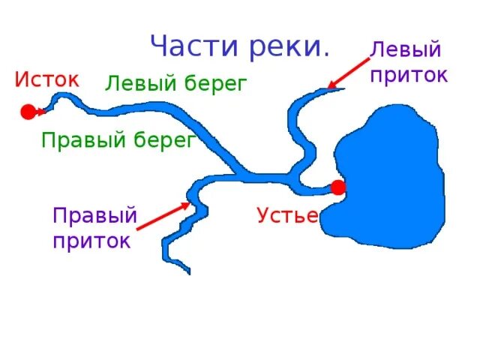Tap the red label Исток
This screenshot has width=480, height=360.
46,79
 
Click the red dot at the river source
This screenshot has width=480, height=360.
28,112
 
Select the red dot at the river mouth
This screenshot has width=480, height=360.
338,187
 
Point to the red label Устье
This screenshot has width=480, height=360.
287,216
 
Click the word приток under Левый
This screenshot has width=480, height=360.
409,75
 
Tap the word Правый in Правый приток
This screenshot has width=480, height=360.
94,216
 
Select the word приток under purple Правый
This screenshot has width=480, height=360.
91,241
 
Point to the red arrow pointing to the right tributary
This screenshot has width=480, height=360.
163,216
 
